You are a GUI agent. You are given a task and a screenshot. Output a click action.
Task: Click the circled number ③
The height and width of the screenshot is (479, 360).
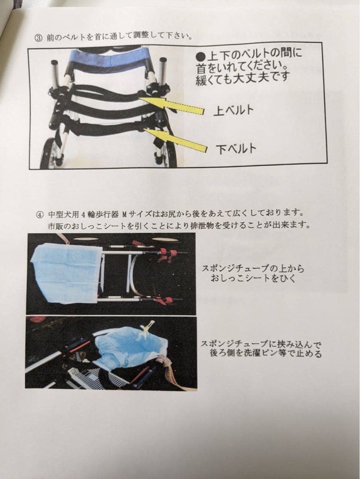pyautogui.click(x=38, y=38)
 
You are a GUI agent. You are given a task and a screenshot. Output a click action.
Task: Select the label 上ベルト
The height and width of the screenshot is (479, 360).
pyautogui.click(x=233, y=110)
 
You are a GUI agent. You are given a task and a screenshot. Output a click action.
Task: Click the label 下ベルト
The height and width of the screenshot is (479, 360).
pyautogui.click(x=237, y=149)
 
